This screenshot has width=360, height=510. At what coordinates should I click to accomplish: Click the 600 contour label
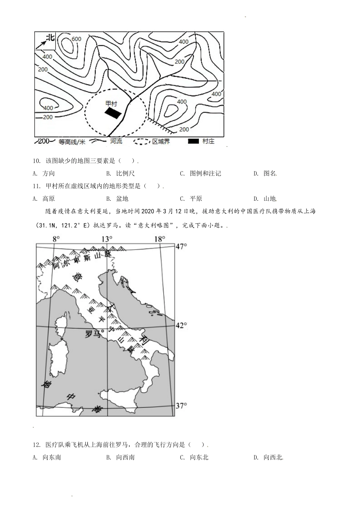(76, 39)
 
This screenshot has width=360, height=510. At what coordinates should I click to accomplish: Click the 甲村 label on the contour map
(111, 103)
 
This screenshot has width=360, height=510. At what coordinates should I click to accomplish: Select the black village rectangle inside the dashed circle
(113, 113)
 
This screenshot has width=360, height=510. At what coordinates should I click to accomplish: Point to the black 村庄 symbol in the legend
(194, 141)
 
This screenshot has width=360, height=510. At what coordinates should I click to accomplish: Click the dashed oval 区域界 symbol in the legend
(142, 141)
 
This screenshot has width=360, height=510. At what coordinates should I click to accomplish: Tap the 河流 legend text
(116, 141)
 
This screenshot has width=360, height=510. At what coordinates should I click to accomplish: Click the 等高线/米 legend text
(72, 142)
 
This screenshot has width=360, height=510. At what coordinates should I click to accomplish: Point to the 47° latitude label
(181, 246)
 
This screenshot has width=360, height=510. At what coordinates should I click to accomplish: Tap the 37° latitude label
(181, 406)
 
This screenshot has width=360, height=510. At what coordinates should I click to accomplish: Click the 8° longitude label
(56, 239)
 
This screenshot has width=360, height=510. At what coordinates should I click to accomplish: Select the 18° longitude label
(160, 239)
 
